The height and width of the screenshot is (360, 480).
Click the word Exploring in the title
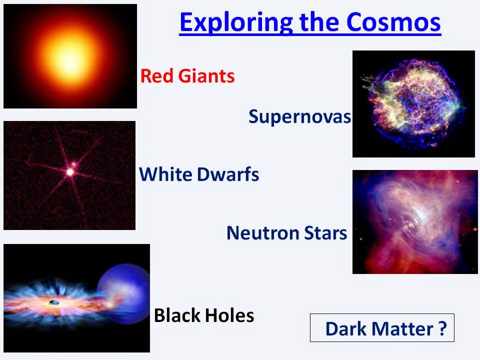coord(236,22)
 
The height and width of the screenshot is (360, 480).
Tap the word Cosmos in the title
coord(393,22)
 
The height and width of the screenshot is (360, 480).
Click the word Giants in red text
coord(206,76)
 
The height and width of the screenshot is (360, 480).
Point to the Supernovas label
coord(299,117)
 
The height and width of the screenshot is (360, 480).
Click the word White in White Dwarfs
coord(165,174)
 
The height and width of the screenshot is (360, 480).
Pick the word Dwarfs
coord(228,174)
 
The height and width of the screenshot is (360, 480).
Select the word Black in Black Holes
coord(176,315)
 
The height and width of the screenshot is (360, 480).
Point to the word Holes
coord(229,315)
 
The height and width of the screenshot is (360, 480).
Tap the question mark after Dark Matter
coord(442,329)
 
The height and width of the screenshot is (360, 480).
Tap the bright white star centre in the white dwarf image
coord(70,172)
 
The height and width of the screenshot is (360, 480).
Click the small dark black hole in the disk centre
coord(54,302)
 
